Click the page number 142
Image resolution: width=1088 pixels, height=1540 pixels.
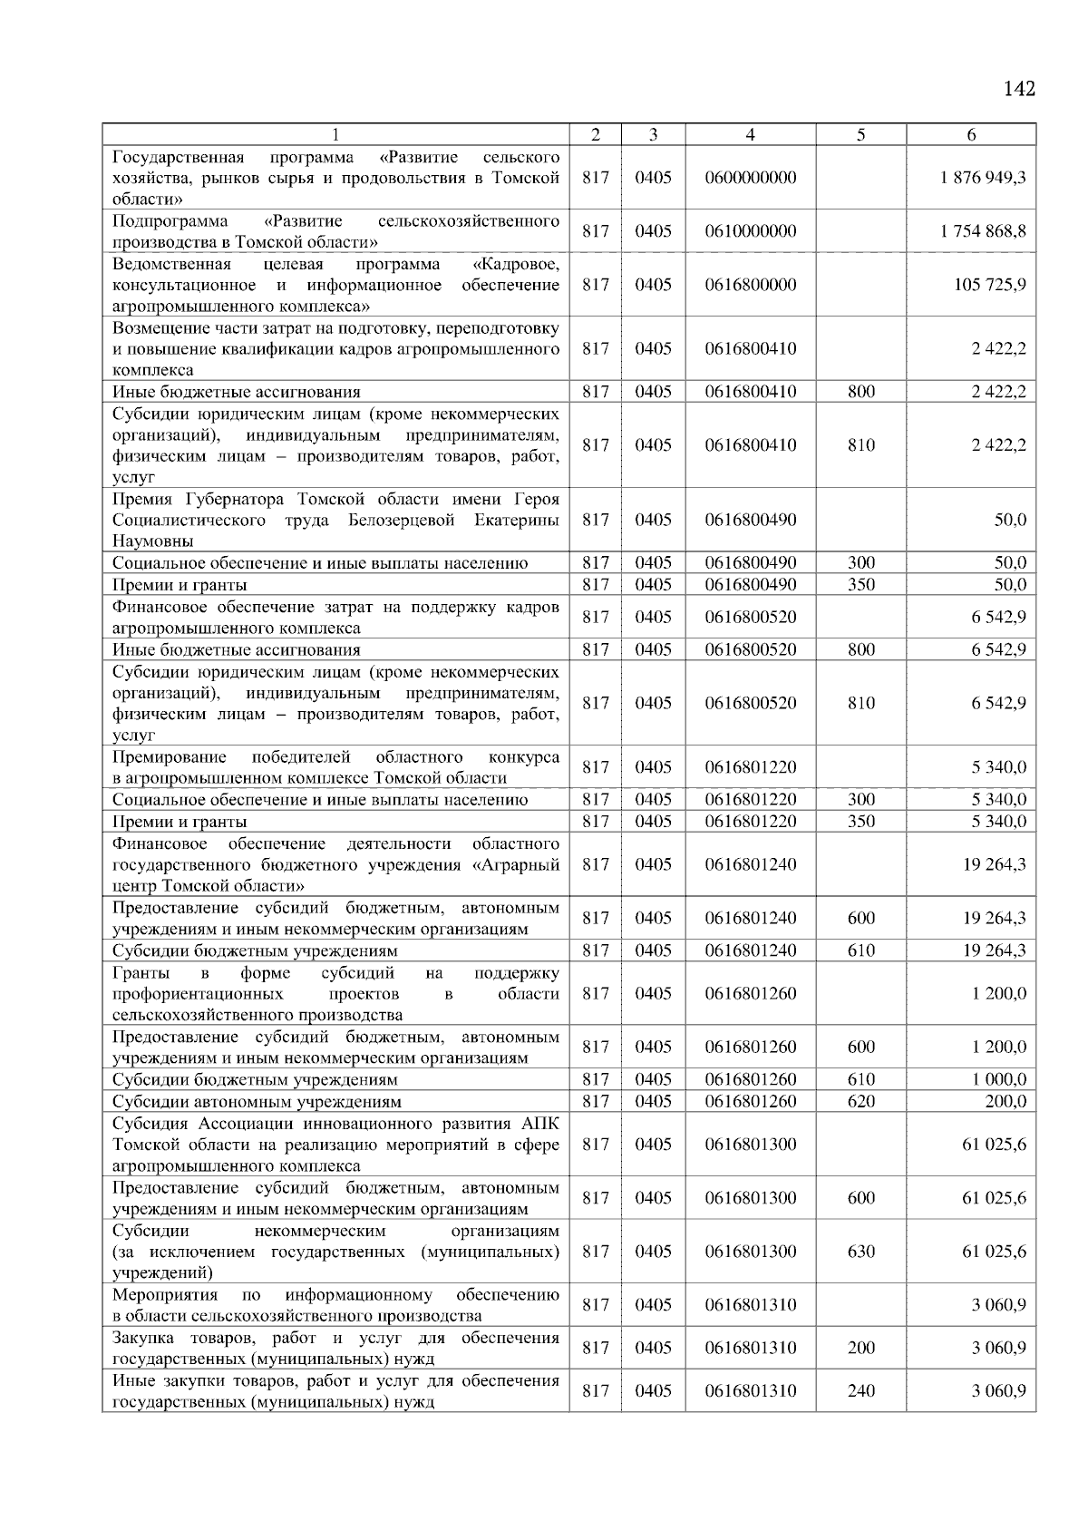tap(1019, 89)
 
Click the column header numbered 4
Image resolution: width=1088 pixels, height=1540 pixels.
tap(750, 135)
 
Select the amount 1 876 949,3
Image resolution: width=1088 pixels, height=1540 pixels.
tap(983, 178)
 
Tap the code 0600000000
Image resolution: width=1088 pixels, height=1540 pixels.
tap(750, 178)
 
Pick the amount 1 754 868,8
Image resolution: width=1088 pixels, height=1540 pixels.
tap(983, 231)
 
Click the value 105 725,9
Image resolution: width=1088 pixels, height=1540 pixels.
tap(990, 285)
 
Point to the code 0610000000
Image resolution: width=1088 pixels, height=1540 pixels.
tap(750, 231)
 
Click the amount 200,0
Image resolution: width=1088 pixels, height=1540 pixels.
tap(1005, 1102)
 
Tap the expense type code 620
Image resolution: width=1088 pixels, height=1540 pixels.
tap(860, 1102)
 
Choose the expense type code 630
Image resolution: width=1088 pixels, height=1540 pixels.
tap(860, 1252)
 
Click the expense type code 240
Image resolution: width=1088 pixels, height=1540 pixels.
tap(860, 1391)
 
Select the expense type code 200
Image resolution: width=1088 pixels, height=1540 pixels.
tap(860, 1349)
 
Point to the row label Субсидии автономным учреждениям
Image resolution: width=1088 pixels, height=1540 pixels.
tap(256, 1102)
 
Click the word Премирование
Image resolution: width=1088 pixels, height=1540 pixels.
tap(169, 757)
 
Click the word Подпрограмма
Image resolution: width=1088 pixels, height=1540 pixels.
tap(170, 221)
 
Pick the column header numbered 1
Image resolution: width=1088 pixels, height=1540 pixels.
tap(335, 135)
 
